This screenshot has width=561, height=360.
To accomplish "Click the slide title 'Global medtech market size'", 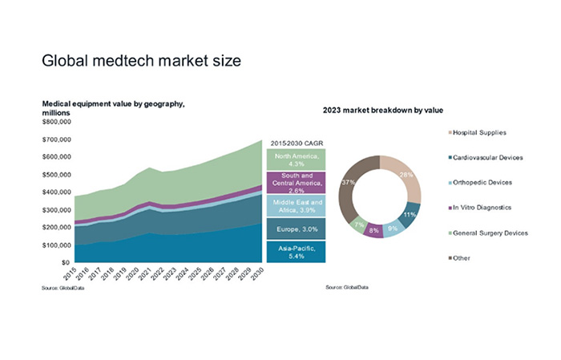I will [140, 60].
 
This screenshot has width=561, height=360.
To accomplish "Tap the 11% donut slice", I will [409, 215].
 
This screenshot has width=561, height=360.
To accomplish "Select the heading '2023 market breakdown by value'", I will [383, 108].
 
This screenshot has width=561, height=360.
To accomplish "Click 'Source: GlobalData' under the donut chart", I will [345, 286].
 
